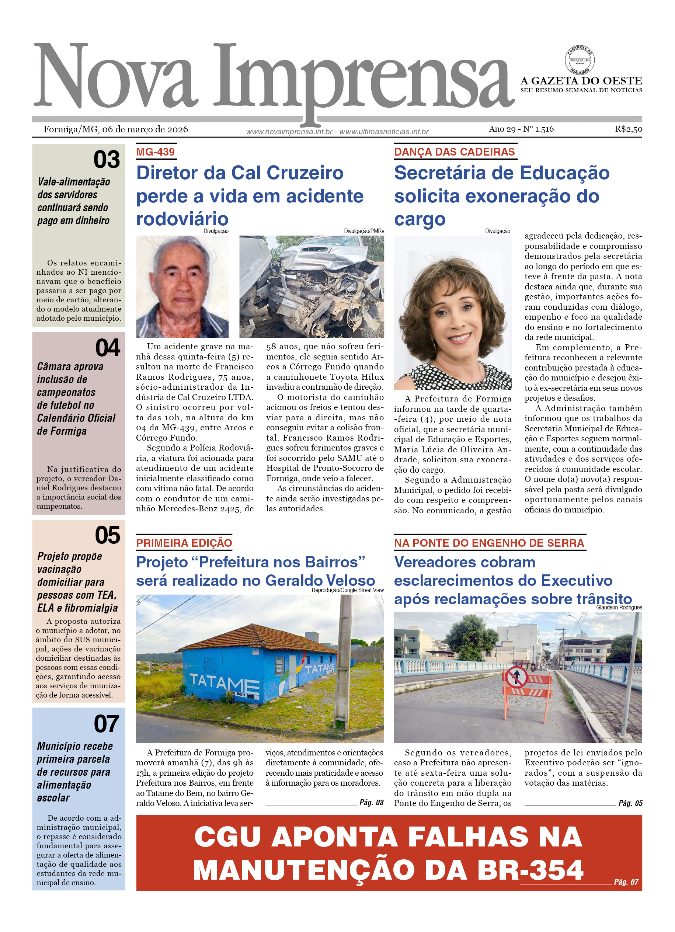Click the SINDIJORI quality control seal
coord(579,60)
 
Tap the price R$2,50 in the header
coord(628,129)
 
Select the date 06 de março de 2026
coord(145,129)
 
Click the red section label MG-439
coord(155,152)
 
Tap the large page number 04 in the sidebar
coord(108,348)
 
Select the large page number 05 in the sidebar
coord(107,535)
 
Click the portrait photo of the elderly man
coord(182,286)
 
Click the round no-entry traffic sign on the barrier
coord(517,676)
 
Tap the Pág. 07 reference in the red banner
coord(626,882)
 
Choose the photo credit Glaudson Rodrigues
coord(619,607)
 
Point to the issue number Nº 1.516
coord(538,129)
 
